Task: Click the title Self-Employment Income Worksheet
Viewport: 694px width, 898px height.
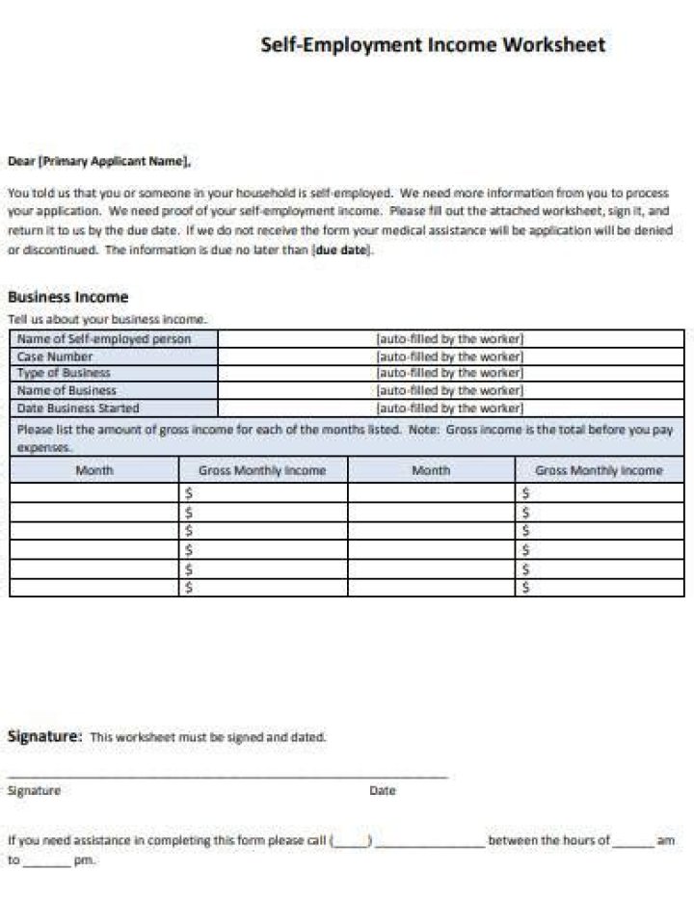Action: [x=433, y=44]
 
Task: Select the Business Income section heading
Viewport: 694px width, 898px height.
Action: [x=67, y=297]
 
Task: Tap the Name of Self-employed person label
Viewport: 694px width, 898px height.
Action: [x=104, y=339]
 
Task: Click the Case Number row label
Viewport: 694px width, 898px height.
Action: [x=55, y=357]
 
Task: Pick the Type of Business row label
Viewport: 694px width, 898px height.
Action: [x=64, y=373]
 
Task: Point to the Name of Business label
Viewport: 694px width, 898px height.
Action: [x=67, y=390]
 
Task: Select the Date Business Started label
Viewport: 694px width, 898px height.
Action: [x=78, y=408]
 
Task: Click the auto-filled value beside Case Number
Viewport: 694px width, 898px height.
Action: [x=449, y=357]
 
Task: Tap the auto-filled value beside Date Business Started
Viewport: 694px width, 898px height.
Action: [x=449, y=408]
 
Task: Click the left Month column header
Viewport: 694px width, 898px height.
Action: [x=93, y=470]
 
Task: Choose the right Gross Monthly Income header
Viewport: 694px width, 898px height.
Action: [x=599, y=470]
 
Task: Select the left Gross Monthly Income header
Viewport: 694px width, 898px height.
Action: [x=262, y=470]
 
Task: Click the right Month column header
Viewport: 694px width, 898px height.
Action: [x=430, y=470]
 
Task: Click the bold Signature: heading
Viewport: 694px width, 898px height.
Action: [x=44, y=736]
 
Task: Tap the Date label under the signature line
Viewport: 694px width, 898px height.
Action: [x=382, y=790]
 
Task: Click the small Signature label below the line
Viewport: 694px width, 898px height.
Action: [x=34, y=790]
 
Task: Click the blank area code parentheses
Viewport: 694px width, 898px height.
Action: [x=352, y=841]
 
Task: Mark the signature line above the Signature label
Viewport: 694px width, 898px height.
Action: [x=227, y=776]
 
